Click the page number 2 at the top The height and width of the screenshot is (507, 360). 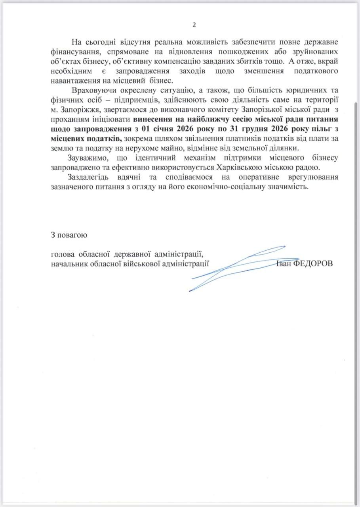tap(194, 25)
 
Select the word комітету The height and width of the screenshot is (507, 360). tap(222, 109)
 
